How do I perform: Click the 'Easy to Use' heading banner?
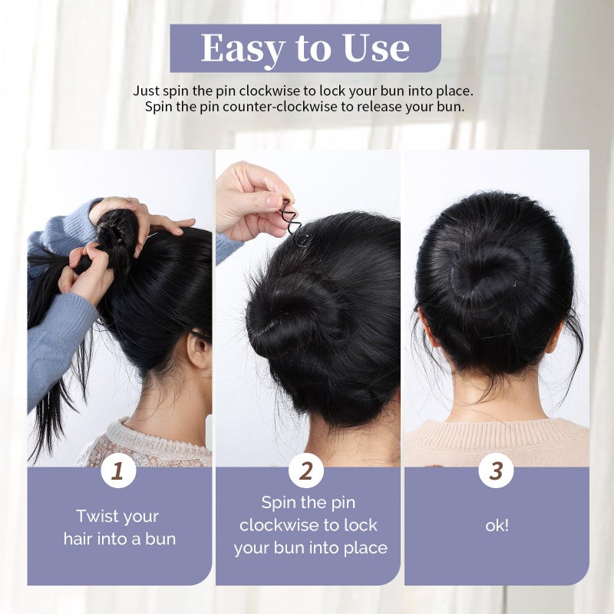point(305,48)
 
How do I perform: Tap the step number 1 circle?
point(117,470)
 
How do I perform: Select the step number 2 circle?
point(305,470)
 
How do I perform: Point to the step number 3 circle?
point(496,470)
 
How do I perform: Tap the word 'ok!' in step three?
point(497,526)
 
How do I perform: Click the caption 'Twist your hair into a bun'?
point(119,527)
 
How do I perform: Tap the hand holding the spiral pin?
point(249,200)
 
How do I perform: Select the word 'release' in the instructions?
point(382,106)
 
